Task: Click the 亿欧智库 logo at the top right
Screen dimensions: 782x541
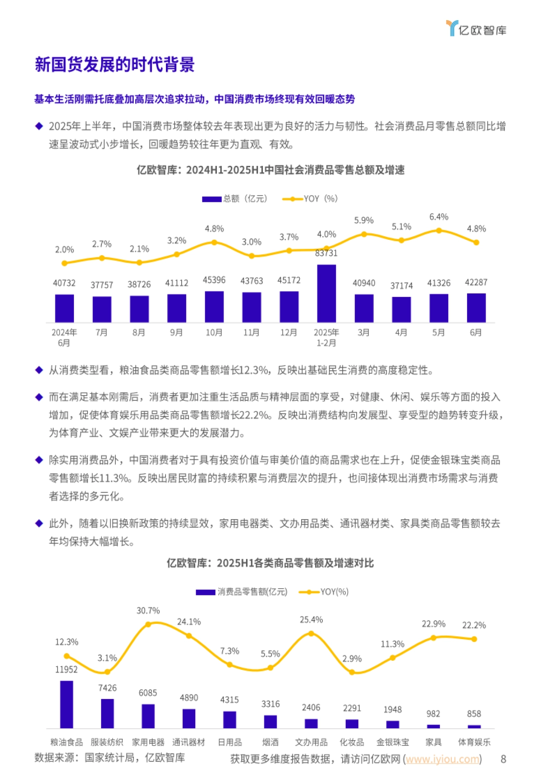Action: coord(476,29)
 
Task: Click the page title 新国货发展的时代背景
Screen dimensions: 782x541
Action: coord(115,64)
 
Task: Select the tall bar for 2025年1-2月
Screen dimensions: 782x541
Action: coord(326,293)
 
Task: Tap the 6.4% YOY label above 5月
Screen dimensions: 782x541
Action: coord(439,217)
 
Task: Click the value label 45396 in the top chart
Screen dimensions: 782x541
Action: coord(214,280)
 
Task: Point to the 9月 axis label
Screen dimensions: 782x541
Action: coord(176,333)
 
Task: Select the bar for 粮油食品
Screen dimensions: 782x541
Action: coord(67,704)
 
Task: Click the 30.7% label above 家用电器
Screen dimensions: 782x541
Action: coord(148,611)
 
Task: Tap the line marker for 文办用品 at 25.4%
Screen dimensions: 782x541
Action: coord(311,633)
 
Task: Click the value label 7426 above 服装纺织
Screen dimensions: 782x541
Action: coord(107,688)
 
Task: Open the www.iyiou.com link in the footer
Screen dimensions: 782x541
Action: coord(442,759)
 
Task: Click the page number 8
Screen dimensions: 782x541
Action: coord(503,759)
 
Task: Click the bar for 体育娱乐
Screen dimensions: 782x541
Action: coord(474,726)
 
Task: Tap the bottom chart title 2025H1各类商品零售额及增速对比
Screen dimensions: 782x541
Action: coord(270,563)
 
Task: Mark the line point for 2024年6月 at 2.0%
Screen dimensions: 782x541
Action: coord(64,263)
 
